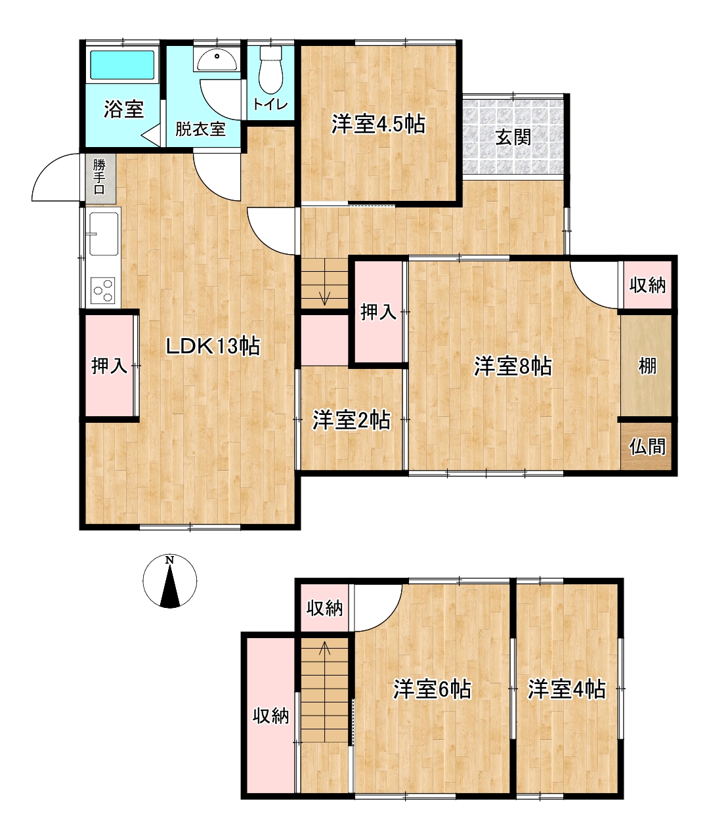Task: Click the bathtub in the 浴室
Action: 122,64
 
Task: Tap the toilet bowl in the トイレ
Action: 270,70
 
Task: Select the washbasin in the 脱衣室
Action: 217,60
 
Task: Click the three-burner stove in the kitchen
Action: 103,290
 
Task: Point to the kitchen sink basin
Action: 104,234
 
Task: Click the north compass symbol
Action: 170,580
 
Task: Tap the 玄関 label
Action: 513,137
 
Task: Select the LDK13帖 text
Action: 213,346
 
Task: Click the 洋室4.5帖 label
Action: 378,124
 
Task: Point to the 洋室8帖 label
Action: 513,366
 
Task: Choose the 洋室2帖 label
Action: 351,420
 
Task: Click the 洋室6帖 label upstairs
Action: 433,689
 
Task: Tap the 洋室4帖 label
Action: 567,689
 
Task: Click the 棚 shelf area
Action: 647,366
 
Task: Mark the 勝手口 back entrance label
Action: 99,177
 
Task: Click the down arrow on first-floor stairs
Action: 324,299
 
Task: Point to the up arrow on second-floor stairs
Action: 324,654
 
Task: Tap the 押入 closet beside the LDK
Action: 110,366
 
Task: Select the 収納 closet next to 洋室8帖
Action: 647,284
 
